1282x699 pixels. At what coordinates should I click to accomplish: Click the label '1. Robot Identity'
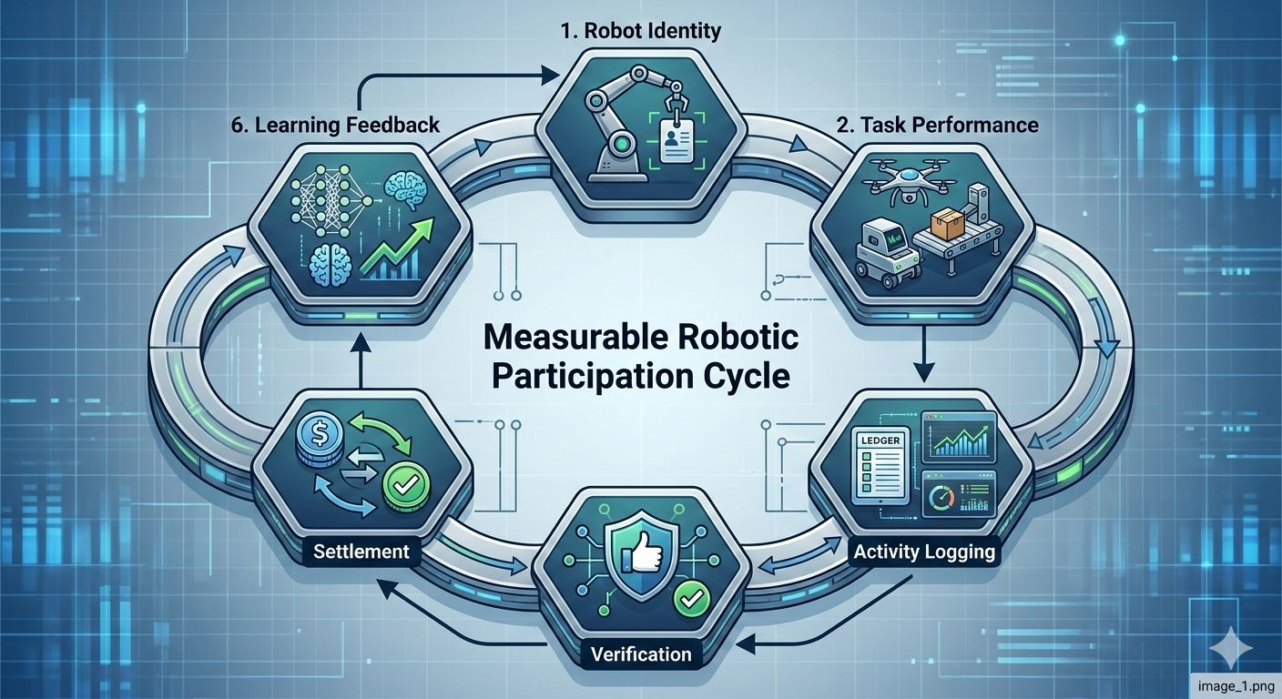640,31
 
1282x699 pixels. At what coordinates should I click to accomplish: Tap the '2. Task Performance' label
937,125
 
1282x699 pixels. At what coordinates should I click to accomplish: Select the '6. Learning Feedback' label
335,125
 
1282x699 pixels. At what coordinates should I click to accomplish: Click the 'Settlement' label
361,552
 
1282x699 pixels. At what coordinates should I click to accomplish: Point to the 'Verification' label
641,653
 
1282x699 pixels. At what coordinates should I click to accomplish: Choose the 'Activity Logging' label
924,552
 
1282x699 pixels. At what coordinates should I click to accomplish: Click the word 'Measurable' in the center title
560,338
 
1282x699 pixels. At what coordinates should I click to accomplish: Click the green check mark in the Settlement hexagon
400,481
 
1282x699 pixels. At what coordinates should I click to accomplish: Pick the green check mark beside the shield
689,598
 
